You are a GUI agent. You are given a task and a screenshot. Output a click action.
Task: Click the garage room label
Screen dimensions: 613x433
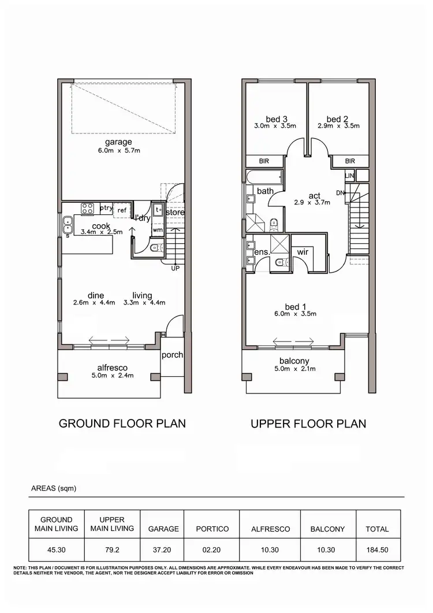118,142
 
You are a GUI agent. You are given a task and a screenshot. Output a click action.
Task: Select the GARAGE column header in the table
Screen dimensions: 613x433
163,529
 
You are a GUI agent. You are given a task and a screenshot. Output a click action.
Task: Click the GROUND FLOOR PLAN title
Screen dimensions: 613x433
122,423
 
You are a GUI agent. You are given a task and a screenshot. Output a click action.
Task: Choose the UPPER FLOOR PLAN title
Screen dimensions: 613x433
308,423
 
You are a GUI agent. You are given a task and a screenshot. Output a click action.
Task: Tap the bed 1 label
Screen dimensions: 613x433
293,306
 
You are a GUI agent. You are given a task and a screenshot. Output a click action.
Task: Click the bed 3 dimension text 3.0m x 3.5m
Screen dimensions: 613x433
275,126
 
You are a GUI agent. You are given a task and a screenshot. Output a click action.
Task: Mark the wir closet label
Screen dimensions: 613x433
302,252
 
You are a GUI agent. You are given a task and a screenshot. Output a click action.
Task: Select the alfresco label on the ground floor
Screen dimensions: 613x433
113,367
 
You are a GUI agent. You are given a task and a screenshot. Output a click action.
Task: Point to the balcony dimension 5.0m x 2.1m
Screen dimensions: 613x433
294,369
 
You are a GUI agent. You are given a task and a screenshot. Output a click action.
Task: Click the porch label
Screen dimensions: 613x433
172,355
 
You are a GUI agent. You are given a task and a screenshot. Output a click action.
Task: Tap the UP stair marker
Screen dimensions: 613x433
175,268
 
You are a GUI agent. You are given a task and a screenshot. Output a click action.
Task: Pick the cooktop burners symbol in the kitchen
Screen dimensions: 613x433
88,207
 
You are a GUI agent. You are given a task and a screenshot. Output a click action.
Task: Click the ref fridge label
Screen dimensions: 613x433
122,211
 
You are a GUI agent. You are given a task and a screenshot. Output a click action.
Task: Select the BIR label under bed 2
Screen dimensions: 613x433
350,162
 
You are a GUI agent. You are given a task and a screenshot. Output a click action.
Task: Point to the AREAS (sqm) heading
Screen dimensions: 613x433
54,488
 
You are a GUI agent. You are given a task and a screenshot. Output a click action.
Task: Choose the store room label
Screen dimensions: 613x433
175,213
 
